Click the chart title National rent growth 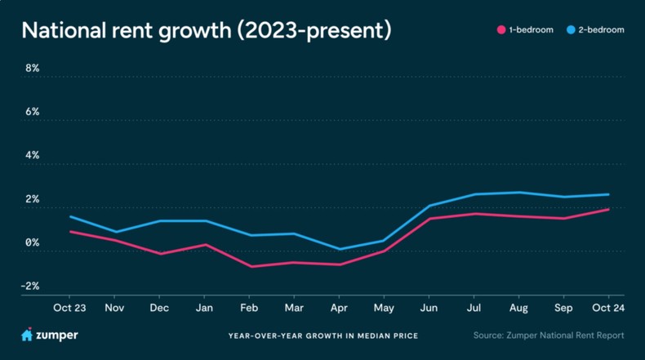(x=206, y=31)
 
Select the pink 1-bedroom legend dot (x=500, y=30)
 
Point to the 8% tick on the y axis (x=32, y=69)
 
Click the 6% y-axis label (x=32, y=112)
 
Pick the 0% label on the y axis (x=32, y=242)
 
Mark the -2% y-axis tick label (x=31, y=286)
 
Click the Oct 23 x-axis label (x=69, y=308)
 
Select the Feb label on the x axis (x=250, y=308)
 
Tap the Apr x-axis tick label (x=340, y=308)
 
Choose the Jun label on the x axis (x=429, y=308)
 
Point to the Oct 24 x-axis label (x=609, y=308)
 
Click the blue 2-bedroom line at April (x=340, y=249)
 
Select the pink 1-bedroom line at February (x=250, y=266)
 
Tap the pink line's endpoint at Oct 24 (x=609, y=210)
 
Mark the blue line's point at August (x=519, y=193)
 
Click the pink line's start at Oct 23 (x=69, y=232)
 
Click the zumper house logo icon (x=26, y=335)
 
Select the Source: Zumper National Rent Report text (x=548, y=336)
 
